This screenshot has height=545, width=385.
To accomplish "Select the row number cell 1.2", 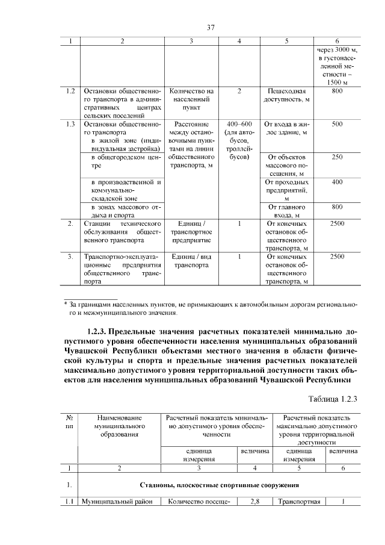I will (70, 91).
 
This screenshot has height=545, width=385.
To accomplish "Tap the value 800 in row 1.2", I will (337, 91).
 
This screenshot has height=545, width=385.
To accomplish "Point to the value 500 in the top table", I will (337, 124).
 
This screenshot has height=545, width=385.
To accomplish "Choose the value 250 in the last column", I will (337, 157).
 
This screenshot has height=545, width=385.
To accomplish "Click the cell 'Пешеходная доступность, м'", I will (287, 95).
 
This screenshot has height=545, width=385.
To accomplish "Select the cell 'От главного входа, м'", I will (287, 211).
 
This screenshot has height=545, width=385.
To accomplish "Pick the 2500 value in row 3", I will (337, 257).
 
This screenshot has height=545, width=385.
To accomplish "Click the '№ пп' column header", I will (70, 421).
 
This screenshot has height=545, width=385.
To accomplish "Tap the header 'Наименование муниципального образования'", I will (121, 425).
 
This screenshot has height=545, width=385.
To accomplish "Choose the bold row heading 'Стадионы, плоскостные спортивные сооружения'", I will (220, 485).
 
